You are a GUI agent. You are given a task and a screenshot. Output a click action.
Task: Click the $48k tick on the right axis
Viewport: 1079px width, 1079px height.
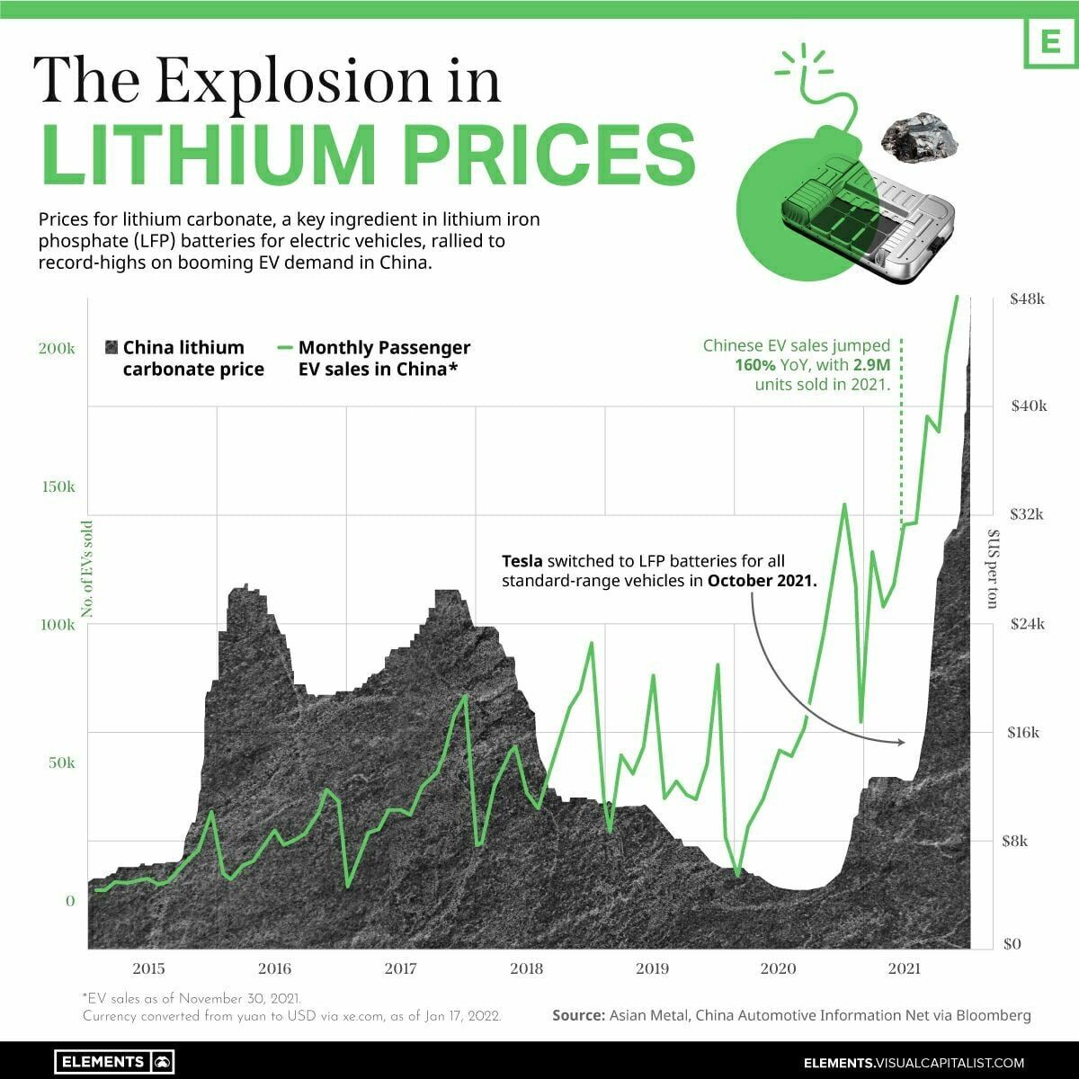(1027, 299)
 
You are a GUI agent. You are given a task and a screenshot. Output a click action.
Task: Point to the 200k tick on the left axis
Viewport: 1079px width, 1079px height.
(56, 348)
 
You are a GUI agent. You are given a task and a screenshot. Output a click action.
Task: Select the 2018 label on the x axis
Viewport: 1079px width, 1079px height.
(526, 968)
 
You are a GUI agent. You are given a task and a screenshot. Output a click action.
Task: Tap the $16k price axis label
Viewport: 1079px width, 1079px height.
(1023, 732)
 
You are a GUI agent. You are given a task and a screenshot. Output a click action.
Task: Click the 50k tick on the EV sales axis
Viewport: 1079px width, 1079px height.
(61, 762)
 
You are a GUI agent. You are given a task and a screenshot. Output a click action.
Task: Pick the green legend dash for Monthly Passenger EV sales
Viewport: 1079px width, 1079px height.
(285, 348)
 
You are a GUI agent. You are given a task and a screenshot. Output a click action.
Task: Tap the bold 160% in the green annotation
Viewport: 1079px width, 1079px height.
(754, 365)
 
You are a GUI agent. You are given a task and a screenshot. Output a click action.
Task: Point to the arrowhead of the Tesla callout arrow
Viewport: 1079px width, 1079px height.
(901, 743)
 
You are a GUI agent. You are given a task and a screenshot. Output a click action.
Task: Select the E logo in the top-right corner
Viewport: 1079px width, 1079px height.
(1051, 42)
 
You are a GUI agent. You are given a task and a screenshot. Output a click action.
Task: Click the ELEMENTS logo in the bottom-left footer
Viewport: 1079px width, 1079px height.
(114, 1062)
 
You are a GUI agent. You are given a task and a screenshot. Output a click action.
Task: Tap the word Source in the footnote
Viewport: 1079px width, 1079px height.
(578, 1015)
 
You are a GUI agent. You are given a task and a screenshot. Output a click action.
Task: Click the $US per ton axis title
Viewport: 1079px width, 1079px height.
(992, 569)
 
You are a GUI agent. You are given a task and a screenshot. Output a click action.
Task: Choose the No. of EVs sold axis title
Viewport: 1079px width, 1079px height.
(87, 569)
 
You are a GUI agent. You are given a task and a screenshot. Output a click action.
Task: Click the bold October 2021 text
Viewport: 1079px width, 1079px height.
(762, 581)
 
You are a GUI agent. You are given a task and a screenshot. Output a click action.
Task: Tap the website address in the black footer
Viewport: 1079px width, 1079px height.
(914, 1062)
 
